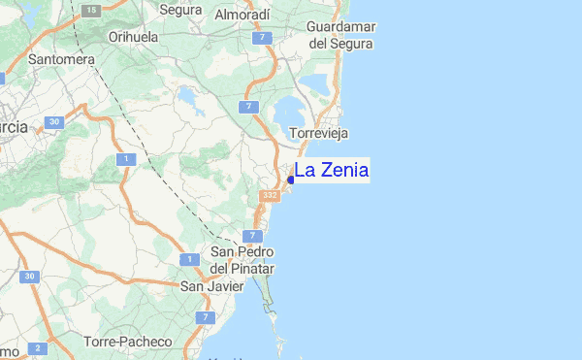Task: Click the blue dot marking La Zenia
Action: (x=291, y=180)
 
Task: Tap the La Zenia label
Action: (x=331, y=171)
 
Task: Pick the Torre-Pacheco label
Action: (x=128, y=342)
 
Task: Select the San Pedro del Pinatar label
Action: (x=242, y=260)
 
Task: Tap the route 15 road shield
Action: (x=90, y=10)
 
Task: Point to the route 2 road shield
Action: (x=38, y=347)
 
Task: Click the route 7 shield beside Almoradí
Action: (x=261, y=38)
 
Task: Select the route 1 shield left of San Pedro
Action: (x=184, y=258)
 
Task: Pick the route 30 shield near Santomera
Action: (x=54, y=122)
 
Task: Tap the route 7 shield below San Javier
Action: (x=205, y=317)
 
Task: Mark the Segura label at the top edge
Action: (x=179, y=11)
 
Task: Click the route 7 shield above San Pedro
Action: (x=253, y=236)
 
